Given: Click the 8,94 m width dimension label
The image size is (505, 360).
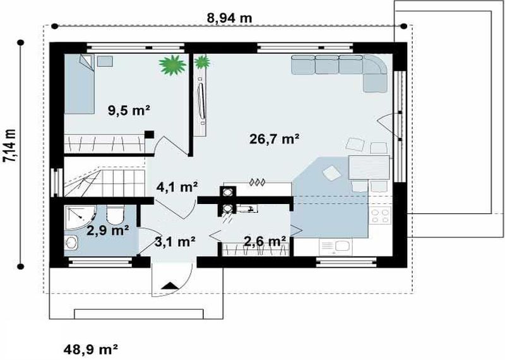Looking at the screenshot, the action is (x=229, y=18).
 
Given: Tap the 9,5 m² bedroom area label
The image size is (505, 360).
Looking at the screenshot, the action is (x=129, y=111).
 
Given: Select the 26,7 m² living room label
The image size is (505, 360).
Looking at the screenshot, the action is (x=275, y=138).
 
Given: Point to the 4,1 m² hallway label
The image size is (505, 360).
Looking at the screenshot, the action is (x=177, y=187).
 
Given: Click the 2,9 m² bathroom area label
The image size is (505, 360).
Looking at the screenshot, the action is (x=108, y=230).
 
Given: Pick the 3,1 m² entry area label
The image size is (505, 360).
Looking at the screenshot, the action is (x=175, y=241).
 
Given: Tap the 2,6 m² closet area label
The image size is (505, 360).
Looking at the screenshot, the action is (x=264, y=241).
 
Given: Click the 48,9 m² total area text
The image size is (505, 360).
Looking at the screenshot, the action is (x=90, y=349).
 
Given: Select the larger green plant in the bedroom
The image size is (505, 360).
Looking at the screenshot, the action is (x=172, y=65).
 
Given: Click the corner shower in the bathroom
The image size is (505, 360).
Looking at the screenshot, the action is (x=80, y=217).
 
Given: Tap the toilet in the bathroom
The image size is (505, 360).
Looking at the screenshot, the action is (x=115, y=214).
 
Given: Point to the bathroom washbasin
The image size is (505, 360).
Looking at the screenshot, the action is (x=71, y=242).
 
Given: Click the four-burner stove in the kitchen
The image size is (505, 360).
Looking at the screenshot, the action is (x=381, y=215).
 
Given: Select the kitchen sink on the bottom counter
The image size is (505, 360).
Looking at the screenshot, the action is (x=335, y=247).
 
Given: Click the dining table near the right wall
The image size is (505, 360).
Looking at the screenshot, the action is (x=369, y=167).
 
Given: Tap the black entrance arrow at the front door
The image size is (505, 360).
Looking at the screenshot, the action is (x=170, y=286).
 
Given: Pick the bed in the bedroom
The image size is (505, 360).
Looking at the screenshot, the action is (x=80, y=84).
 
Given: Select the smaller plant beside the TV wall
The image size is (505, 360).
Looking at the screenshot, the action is (x=202, y=62).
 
